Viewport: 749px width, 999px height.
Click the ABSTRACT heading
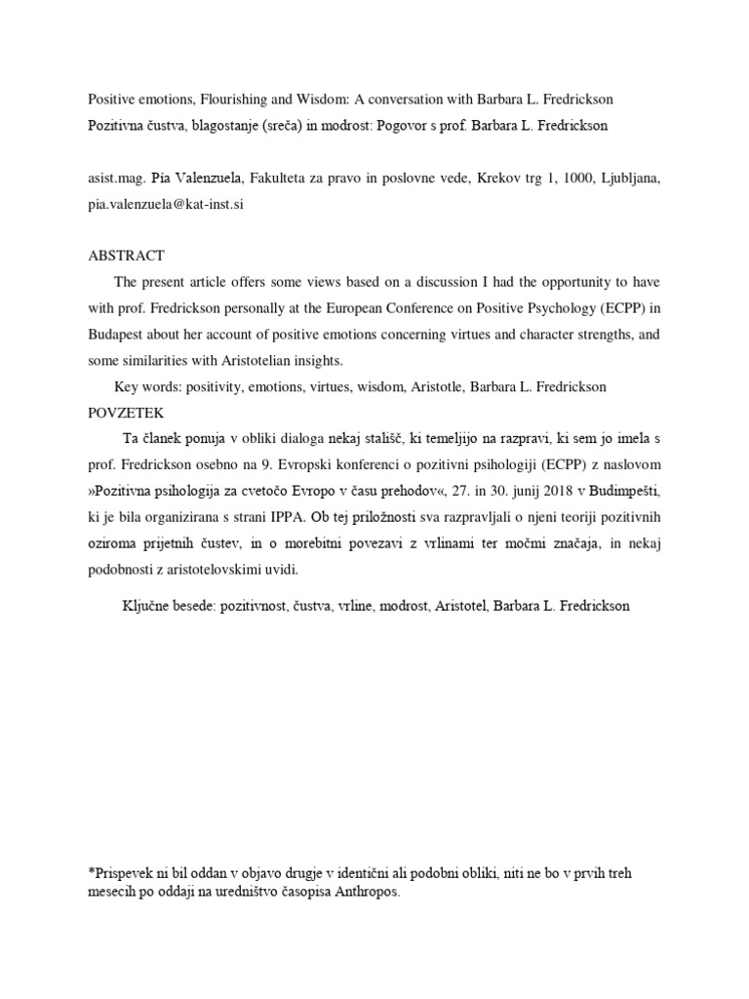click(x=126, y=256)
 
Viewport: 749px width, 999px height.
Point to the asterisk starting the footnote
click(x=90, y=871)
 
